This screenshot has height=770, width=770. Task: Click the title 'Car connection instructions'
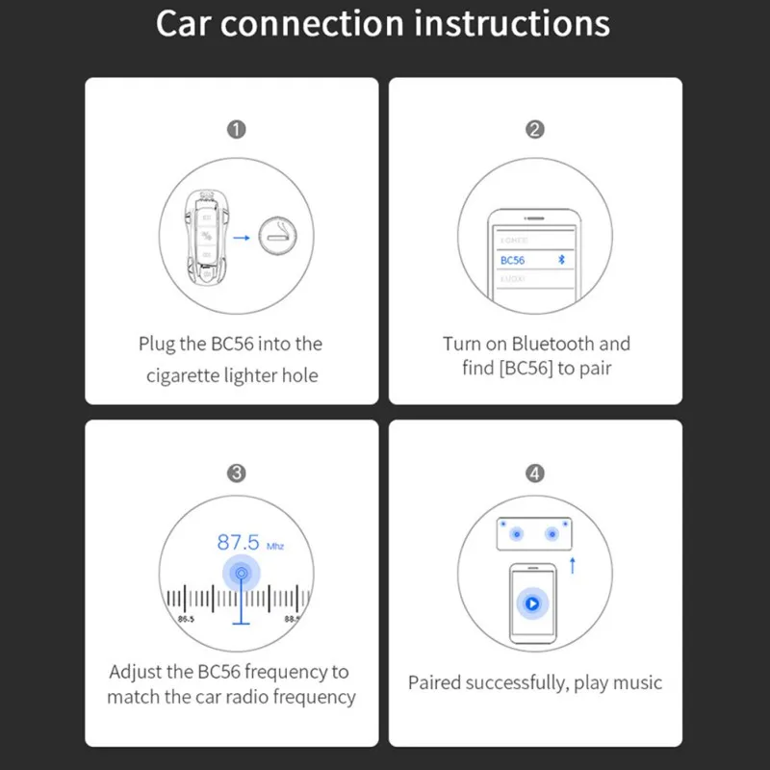point(383,24)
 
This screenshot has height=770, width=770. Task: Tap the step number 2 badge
point(535,129)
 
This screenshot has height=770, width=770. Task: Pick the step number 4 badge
point(535,473)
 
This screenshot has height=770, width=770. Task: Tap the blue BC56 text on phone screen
point(513,260)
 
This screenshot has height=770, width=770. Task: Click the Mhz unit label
point(273,546)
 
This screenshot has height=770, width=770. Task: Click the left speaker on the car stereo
point(516,533)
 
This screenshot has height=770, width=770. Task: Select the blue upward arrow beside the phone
point(573,565)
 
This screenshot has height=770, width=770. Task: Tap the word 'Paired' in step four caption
point(434,682)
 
